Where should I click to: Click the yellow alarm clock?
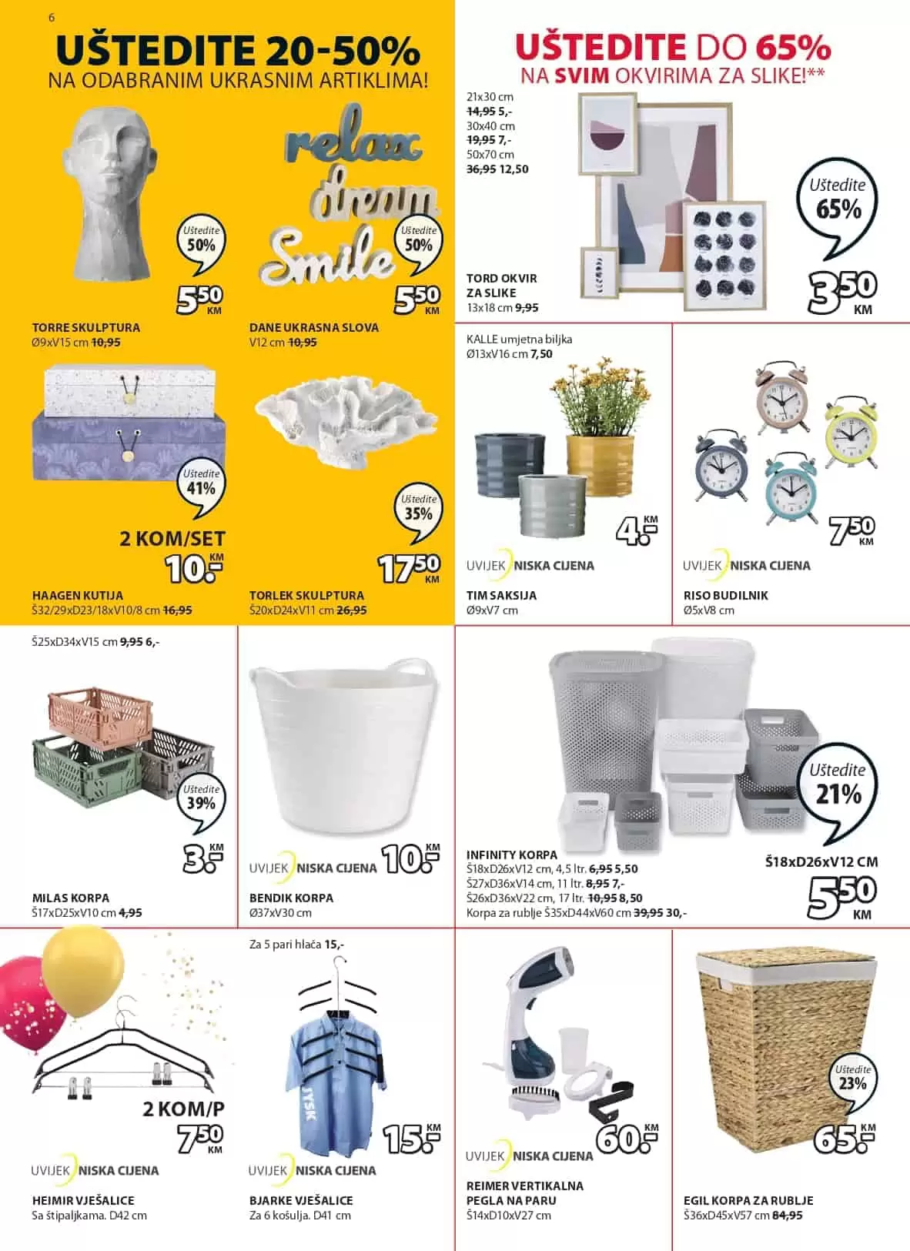(851, 433)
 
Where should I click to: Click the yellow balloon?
(82, 970)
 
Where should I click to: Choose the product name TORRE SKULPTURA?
(86, 327)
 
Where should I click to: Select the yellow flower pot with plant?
(601, 431)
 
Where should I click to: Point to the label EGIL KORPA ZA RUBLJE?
(748, 1200)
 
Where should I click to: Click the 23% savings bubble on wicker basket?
(852, 1080)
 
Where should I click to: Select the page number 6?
(51, 17)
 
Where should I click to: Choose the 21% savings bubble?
(837, 787)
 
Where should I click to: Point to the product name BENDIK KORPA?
(291, 898)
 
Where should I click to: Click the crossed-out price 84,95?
(788, 1216)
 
